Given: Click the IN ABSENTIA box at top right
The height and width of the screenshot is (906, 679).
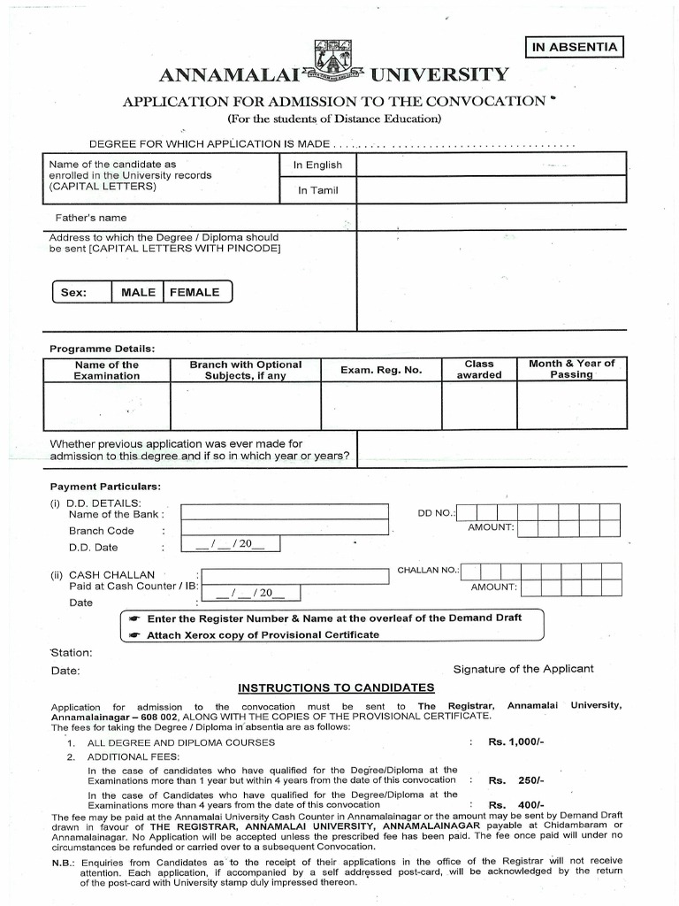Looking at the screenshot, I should coord(574,48).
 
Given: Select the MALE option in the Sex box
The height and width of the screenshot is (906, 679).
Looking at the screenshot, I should coord(138,292).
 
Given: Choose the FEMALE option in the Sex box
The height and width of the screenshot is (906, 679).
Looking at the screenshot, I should coord(195,292).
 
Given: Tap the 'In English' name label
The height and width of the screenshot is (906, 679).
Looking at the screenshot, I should coord(317,165).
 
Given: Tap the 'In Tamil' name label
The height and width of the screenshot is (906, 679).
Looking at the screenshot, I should coord(317,190).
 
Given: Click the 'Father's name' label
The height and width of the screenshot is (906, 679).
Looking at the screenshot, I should coord(88,218).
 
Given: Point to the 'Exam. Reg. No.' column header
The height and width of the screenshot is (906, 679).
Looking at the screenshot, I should coord(381,370).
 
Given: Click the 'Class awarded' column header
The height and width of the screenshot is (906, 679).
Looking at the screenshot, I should coord(479,369).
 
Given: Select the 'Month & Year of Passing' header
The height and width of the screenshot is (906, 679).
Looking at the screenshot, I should coord(571,369).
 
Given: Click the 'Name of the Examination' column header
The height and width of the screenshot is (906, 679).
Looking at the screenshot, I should coord(107,370).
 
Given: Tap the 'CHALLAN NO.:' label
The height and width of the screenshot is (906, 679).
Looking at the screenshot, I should coord(428,571).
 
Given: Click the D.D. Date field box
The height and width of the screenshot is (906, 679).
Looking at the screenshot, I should coord(231,544).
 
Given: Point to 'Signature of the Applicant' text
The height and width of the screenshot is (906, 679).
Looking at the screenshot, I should coord(523,669).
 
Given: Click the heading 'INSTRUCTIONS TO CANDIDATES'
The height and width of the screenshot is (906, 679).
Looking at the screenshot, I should coord(336,687).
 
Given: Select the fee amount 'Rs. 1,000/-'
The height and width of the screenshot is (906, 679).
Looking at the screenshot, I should coord(515,742).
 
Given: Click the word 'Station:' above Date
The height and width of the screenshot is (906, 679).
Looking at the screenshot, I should coord(71,653).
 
